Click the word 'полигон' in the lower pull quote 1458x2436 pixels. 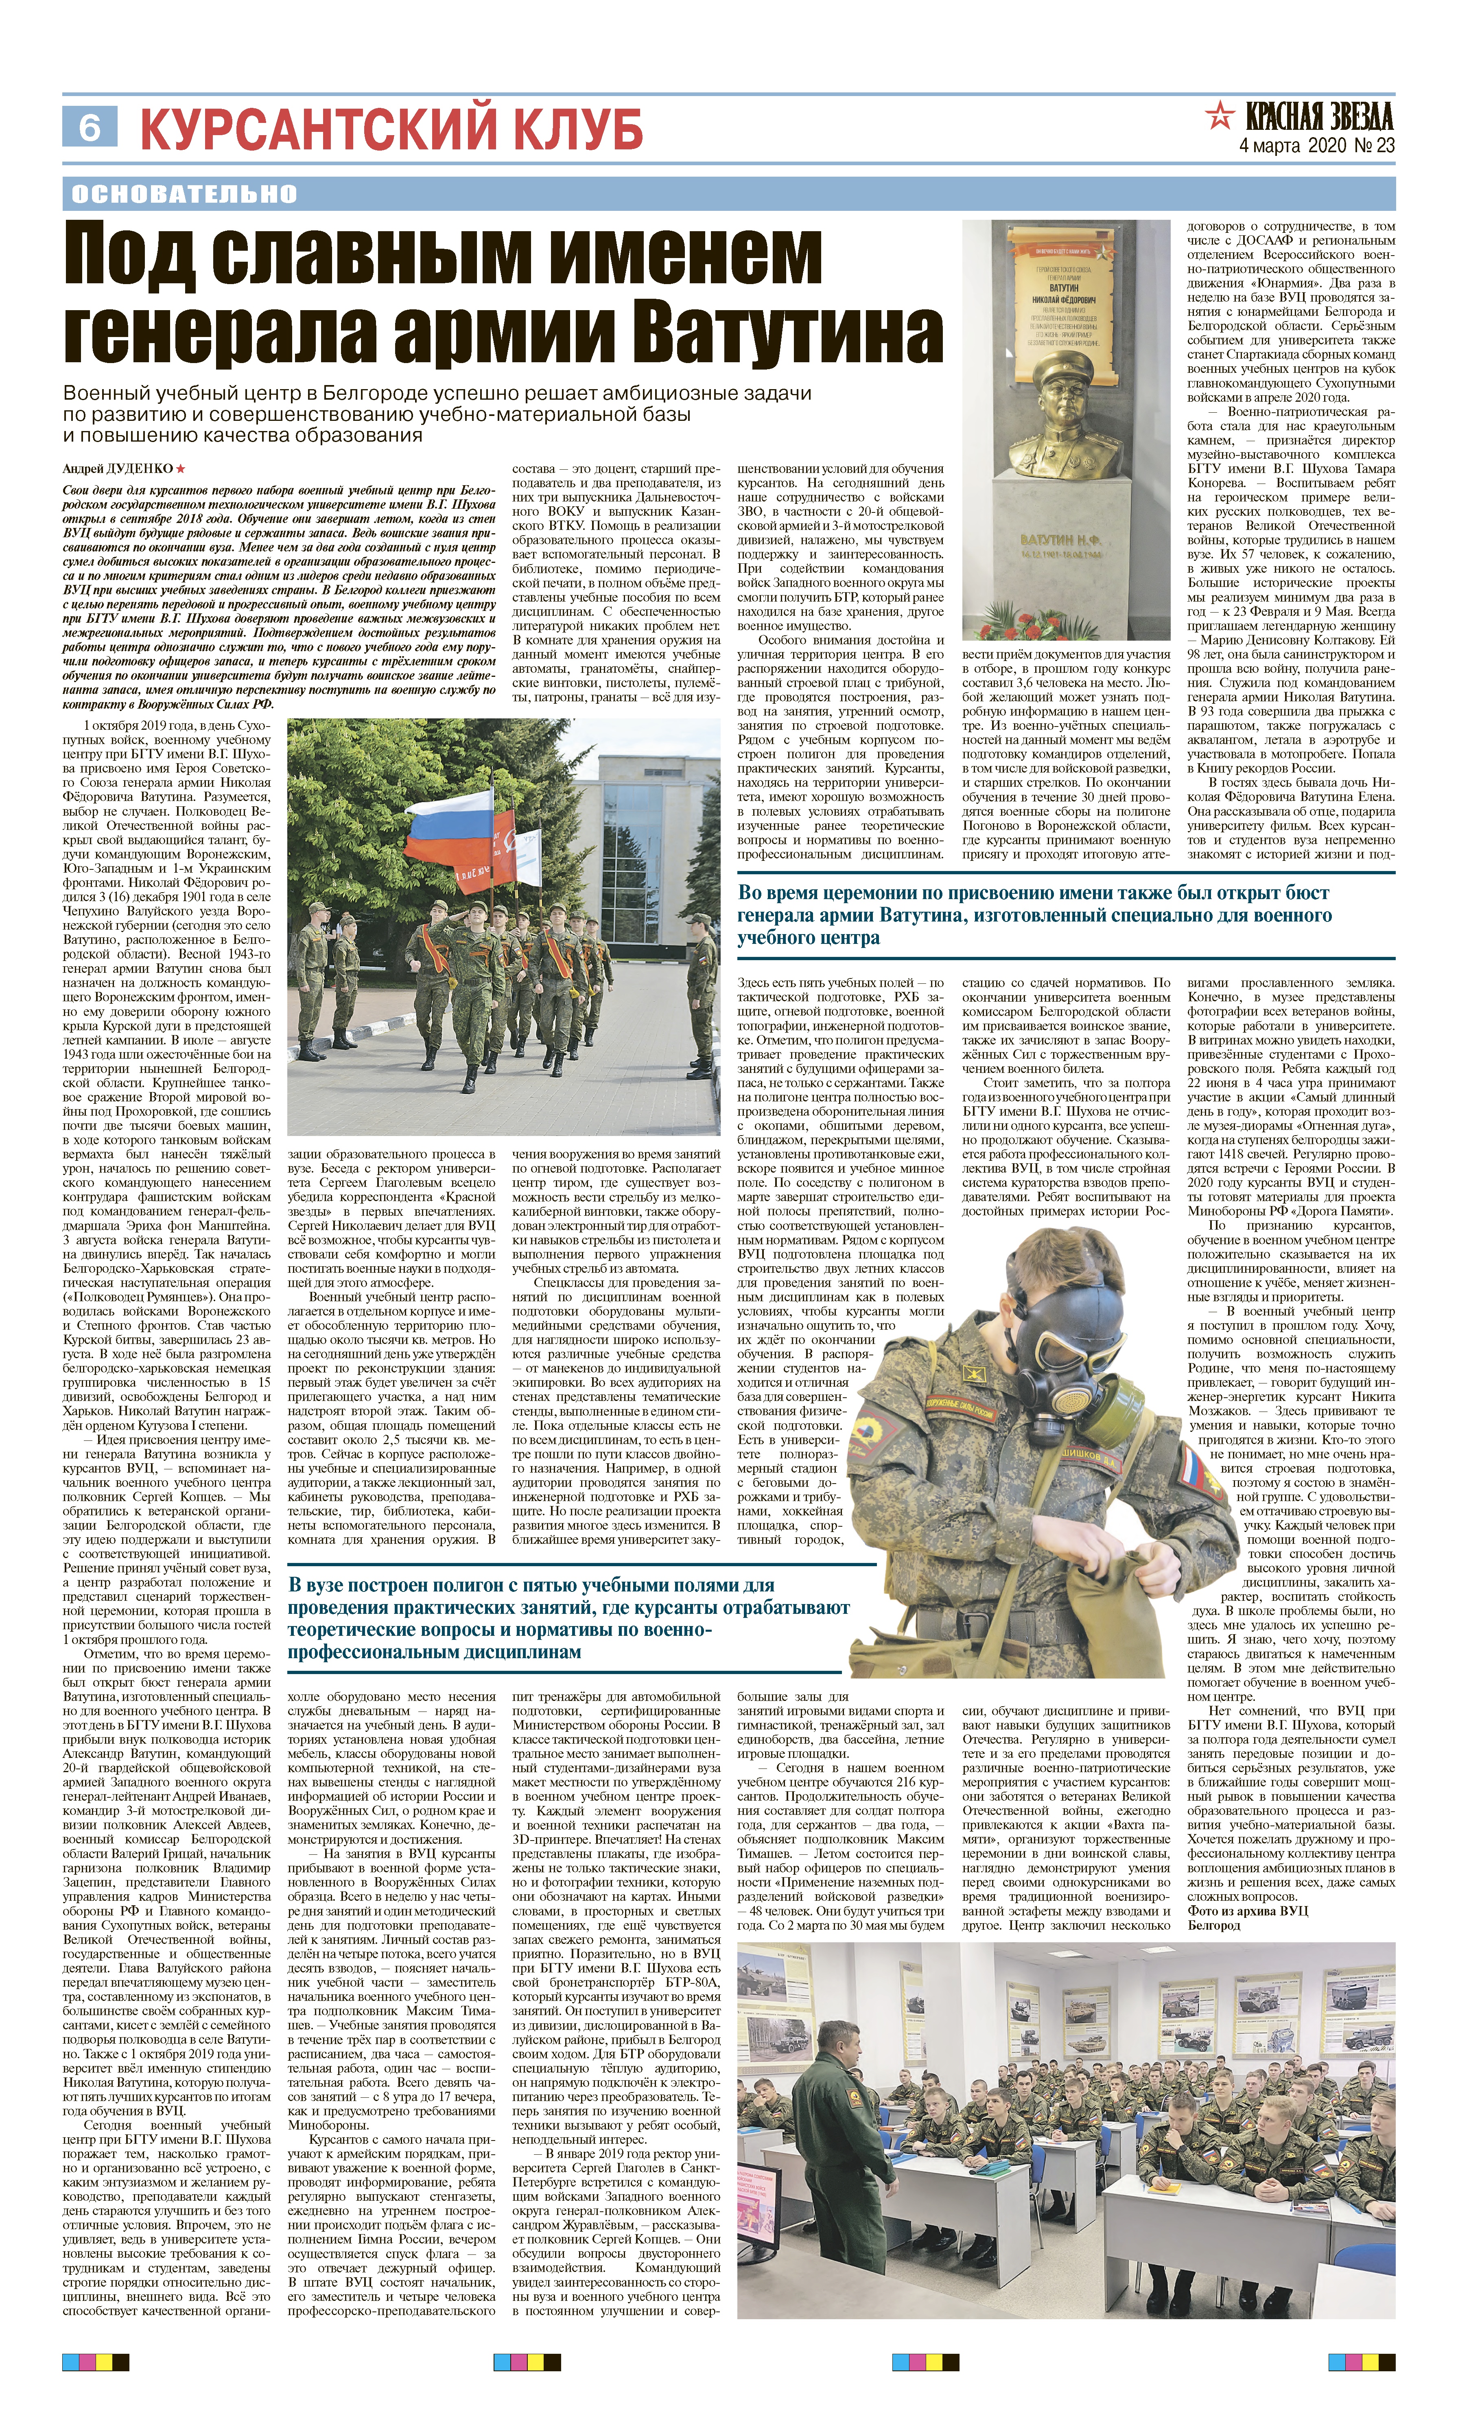(484, 1585)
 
